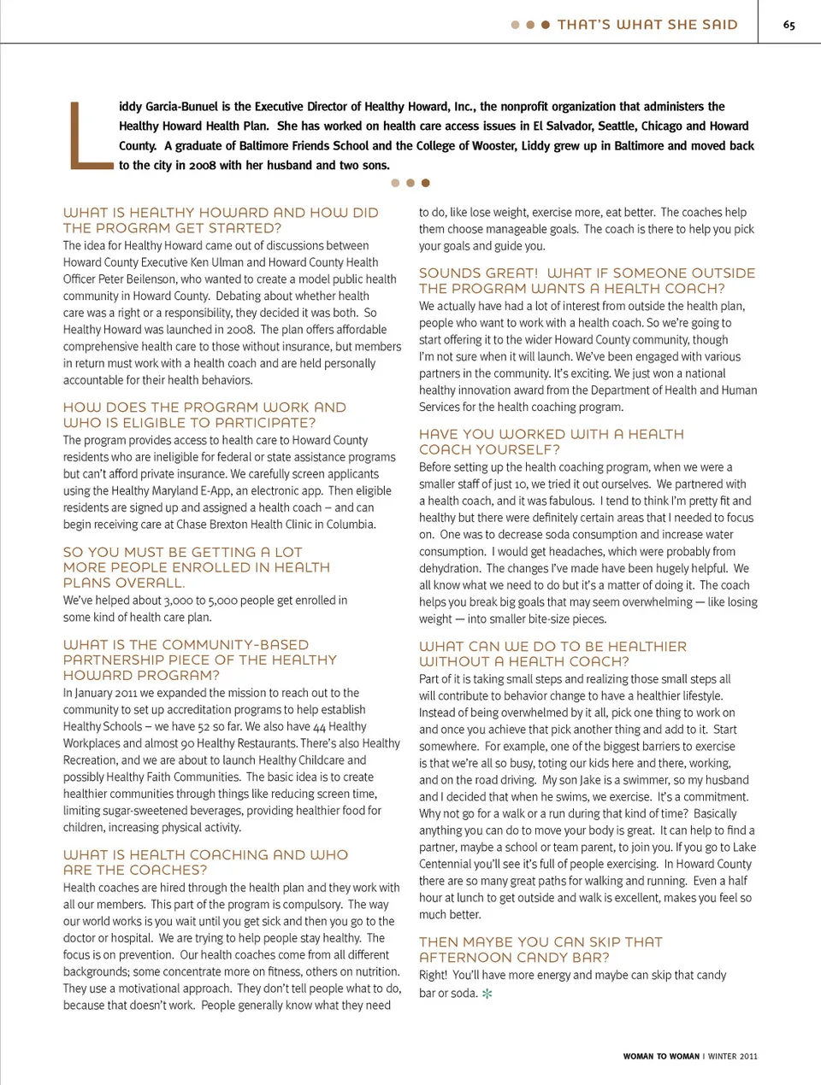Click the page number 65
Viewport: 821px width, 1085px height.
pyautogui.click(x=789, y=25)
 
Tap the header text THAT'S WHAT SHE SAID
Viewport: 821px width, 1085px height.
pyautogui.click(x=647, y=25)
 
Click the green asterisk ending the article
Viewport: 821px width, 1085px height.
pyautogui.click(x=487, y=994)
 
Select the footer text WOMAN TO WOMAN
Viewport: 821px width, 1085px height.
pyautogui.click(x=661, y=1057)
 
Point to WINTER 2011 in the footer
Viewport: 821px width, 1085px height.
pyautogui.click(x=733, y=1057)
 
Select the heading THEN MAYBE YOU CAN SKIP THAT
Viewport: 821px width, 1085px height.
pyautogui.click(x=540, y=941)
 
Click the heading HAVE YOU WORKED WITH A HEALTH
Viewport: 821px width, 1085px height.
pyautogui.click(x=551, y=434)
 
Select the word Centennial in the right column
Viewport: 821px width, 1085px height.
pyautogui.click(x=447, y=864)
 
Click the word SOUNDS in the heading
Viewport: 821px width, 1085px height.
pyautogui.click(x=448, y=273)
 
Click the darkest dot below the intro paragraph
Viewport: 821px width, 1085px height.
pyautogui.click(x=425, y=183)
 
